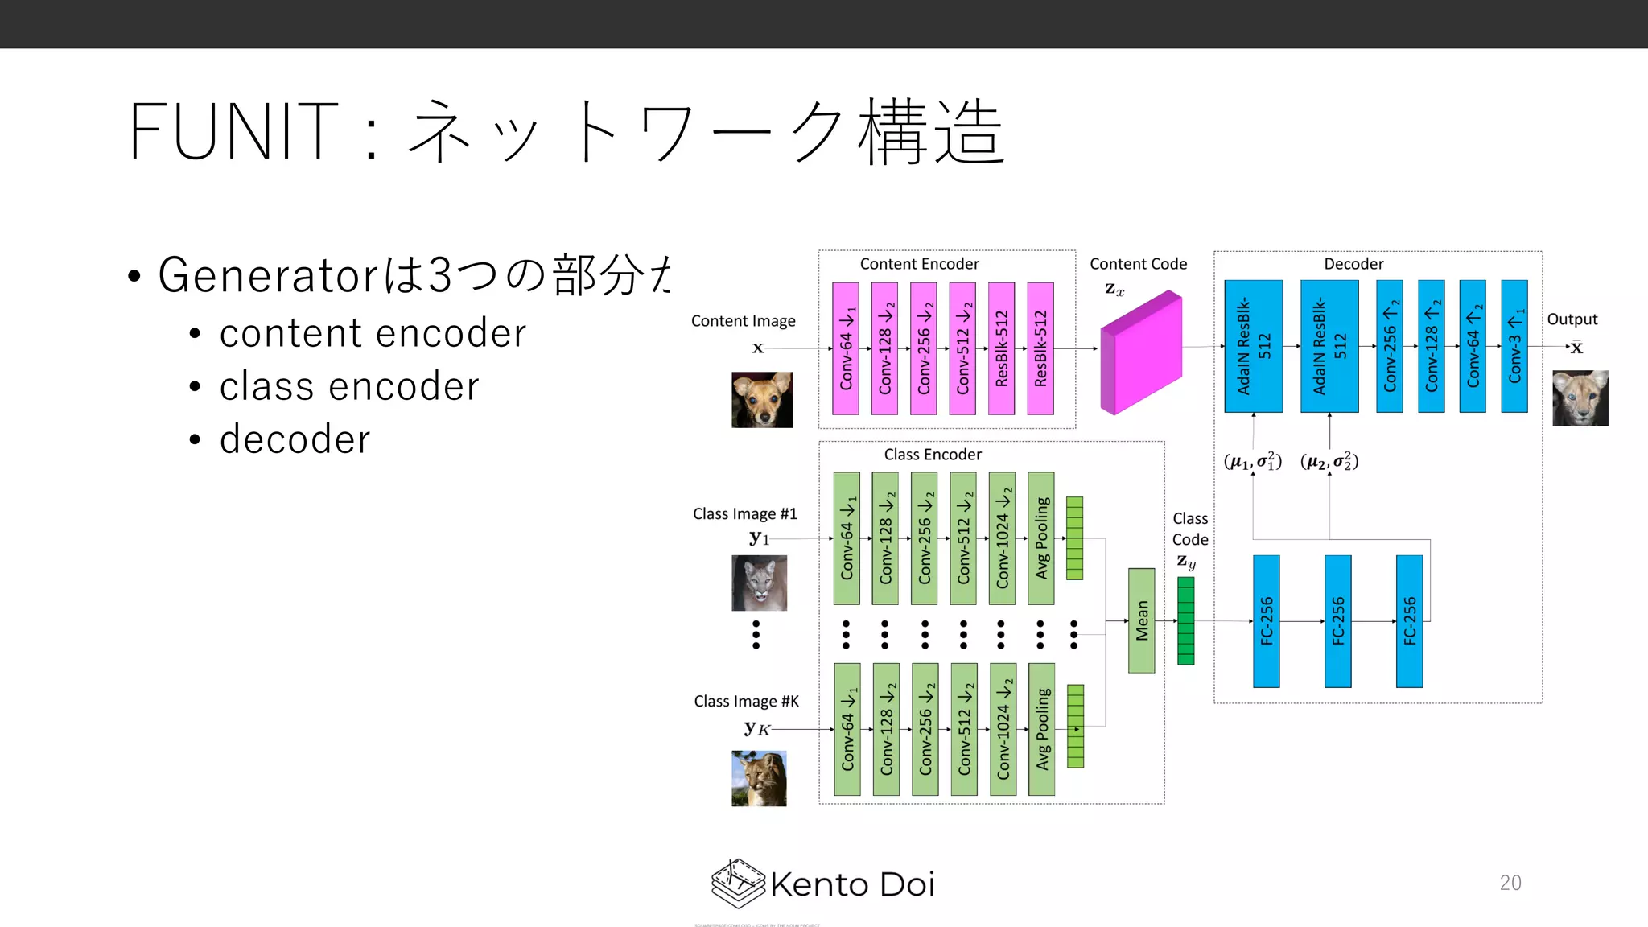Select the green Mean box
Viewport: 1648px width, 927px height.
[x=1141, y=620]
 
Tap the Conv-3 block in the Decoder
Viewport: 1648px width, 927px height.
[x=1514, y=347]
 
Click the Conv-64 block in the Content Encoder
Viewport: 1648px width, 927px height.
[x=846, y=348]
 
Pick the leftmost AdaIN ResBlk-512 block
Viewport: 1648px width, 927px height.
[x=1253, y=347]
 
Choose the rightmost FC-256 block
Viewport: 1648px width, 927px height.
[x=1409, y=621]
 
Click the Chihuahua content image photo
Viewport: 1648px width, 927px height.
[x=761, y=400]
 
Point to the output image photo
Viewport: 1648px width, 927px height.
[x=1580, y=398]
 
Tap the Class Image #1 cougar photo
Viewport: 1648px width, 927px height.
[x=759, y=583]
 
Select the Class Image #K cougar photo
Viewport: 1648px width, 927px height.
[x=759, y=778]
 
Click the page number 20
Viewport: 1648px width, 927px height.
[x=1510, y=883]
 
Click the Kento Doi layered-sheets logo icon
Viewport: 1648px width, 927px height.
[x=737, y=883]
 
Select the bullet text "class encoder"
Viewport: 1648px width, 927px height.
[x=349, y=386]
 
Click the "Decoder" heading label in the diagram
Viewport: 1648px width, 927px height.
[x=1353, y=264]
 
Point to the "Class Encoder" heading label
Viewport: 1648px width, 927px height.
[x=933, y=455]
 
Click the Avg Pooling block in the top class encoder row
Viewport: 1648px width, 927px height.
[x=1041, y=538]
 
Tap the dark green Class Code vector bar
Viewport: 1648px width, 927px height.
[x=1185, y=620]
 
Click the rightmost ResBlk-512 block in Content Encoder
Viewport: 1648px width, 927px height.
[x=1040, y=348]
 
